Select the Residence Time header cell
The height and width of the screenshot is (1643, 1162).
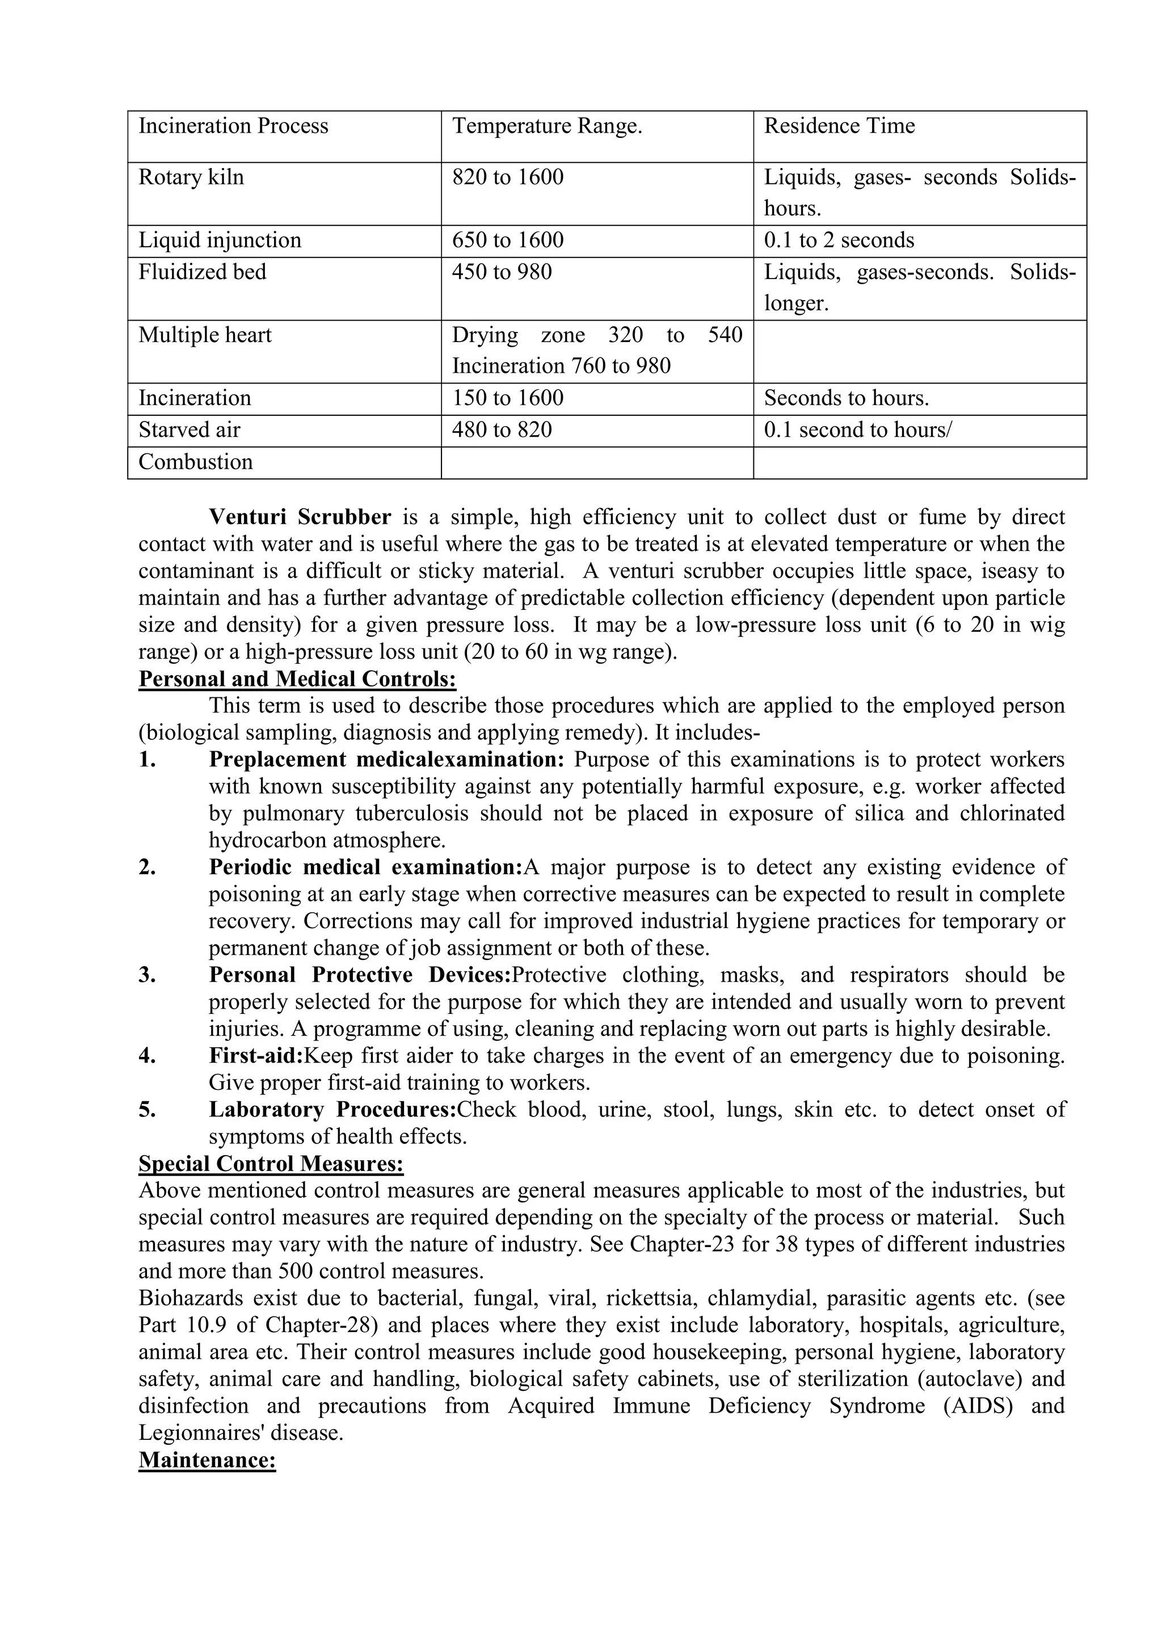pos(839,126)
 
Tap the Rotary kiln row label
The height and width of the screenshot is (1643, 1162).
pos(191,177)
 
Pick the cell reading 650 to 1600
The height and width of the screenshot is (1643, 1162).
pos(507,240)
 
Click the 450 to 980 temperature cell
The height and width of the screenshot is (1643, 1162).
pos(502,272)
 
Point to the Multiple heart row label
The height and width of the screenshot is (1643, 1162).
pos(205,335)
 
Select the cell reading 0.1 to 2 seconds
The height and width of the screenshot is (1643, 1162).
pos(839,240)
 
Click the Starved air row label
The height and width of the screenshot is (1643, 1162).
pos(189,430)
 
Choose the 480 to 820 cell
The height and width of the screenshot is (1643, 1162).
pos(502,430)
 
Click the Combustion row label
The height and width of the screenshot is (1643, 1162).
pos(195,462)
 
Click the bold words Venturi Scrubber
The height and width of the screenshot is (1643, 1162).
pos(300,517)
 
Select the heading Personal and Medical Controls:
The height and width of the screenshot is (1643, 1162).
pos(297,679)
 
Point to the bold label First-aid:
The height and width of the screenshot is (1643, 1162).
pos(256,1055)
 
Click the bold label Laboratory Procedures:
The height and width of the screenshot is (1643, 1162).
pos(332,1109)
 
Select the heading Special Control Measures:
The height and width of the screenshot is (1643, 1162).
pos(271,1164)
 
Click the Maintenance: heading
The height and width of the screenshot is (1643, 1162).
pos(207,1460)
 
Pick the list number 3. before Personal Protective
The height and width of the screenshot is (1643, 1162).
pos(148,975)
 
